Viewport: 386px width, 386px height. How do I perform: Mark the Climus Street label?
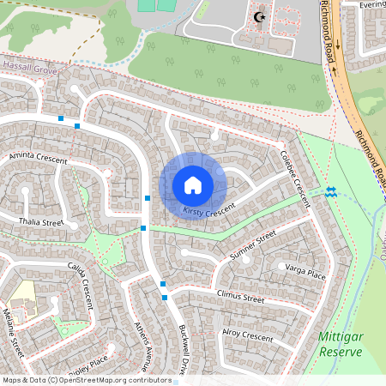(240, 299)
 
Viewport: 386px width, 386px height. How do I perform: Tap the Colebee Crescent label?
(294, 178)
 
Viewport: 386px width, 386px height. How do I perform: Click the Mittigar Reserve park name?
(341, 345)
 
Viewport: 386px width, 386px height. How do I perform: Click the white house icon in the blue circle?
(192, 185)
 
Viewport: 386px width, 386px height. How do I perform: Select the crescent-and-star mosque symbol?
(261, 16)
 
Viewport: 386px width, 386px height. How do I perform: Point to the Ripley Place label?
(89, 361)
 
